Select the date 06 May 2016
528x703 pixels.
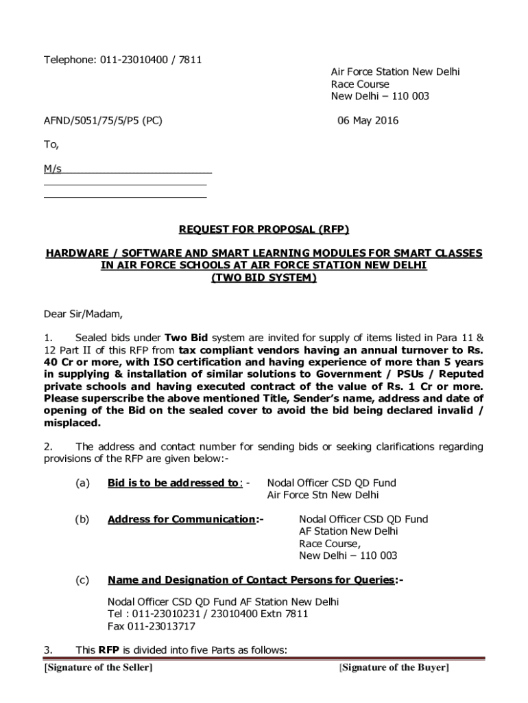pos(368,121)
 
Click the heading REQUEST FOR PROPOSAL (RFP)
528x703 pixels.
pos(264,229)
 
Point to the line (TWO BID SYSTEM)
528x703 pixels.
pos(264,278)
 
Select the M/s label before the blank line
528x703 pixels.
pos(53,169)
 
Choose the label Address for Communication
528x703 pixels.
pos(181,519)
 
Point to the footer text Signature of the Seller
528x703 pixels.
pos(98,668)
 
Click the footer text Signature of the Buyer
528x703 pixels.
pos(394,668)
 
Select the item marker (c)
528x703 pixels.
pos(83,580)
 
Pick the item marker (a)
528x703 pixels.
pos(83,483)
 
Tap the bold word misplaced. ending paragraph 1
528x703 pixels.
pos(68,423)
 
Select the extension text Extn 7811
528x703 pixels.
pos(282,614)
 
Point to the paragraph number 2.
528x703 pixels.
pos(48,447)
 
